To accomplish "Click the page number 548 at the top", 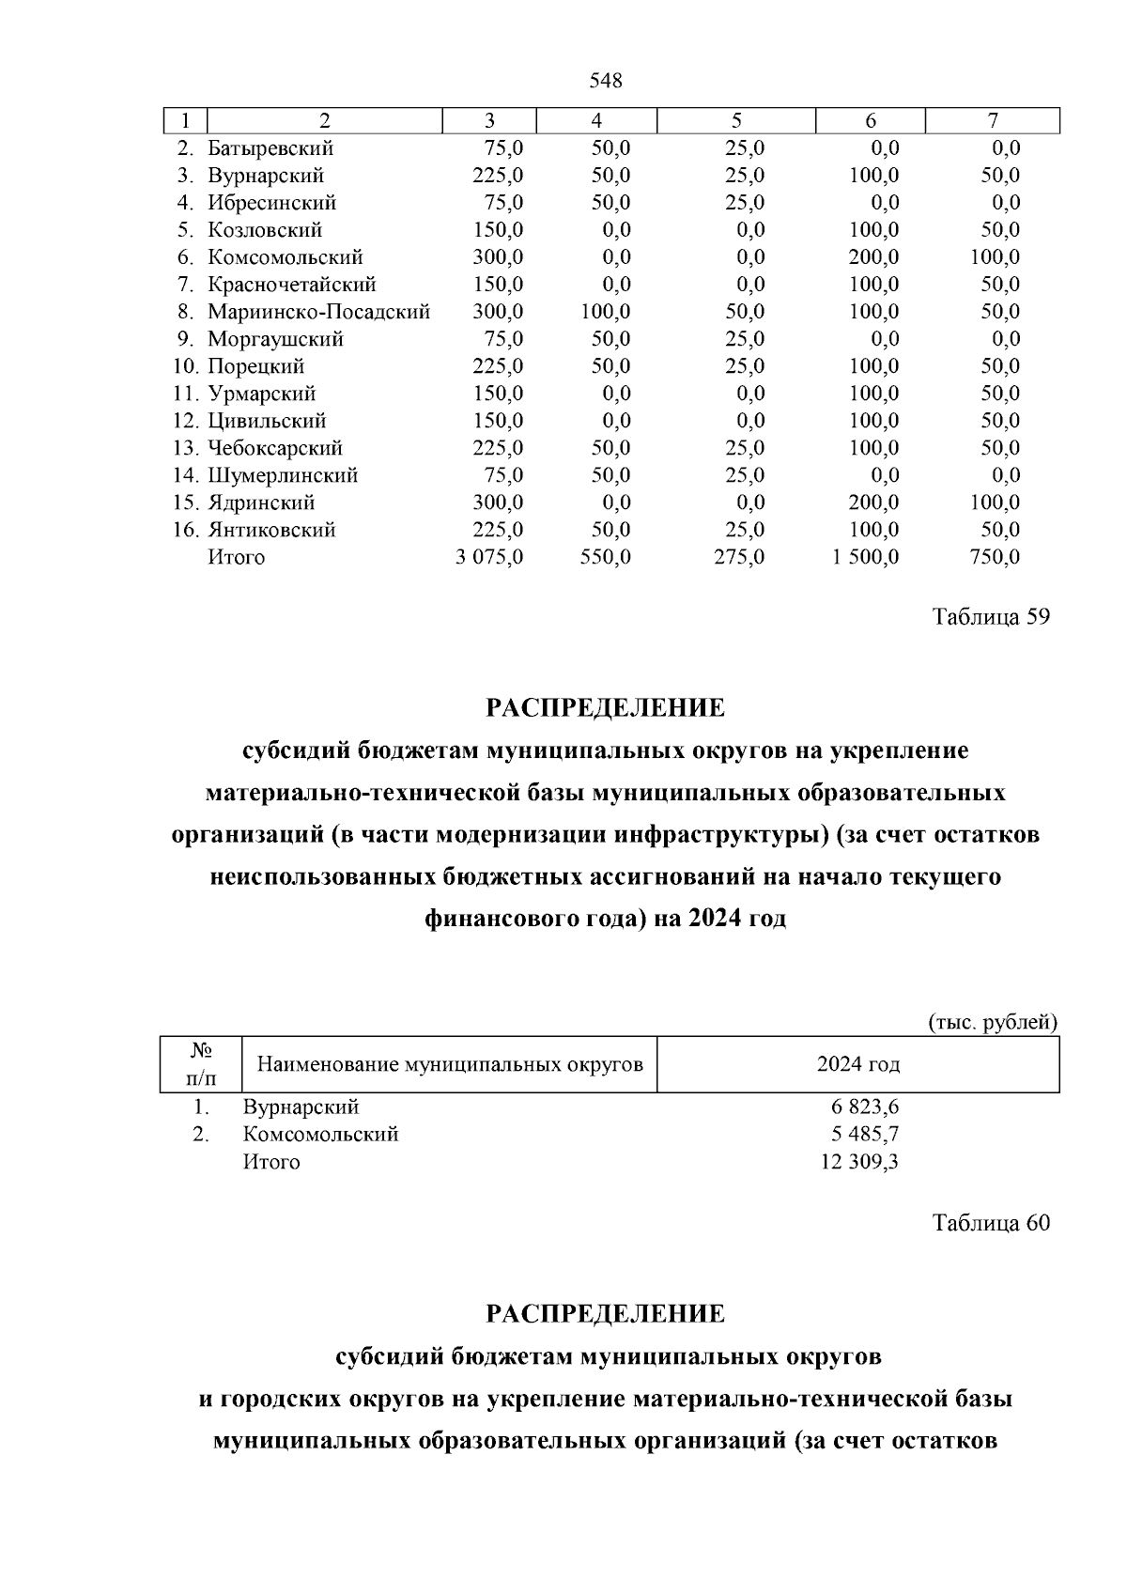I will (x=605, y=81).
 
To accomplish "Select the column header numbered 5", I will (x=736, y=120).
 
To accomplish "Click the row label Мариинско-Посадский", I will (x=318, y=312).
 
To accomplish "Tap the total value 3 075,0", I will (x=489, y=557).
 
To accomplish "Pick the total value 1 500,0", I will (x=865, y=557).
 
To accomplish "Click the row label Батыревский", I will (x=270, y=148).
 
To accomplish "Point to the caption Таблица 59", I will (x=990, y=617).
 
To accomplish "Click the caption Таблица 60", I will (x=990, y=1223).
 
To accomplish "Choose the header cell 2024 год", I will (x=857, y=1064).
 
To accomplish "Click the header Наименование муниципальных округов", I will (x=450, y=1064).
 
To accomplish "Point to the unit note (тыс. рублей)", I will (x=993, y=1022).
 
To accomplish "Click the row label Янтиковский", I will (x=271, y=530).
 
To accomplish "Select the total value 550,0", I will (x=605, y=557).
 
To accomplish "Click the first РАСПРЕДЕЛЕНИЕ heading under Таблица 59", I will (x=605, y=707).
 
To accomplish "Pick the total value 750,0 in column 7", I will (x=994, y=557).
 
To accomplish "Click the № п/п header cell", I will (x=200, y=1064).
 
